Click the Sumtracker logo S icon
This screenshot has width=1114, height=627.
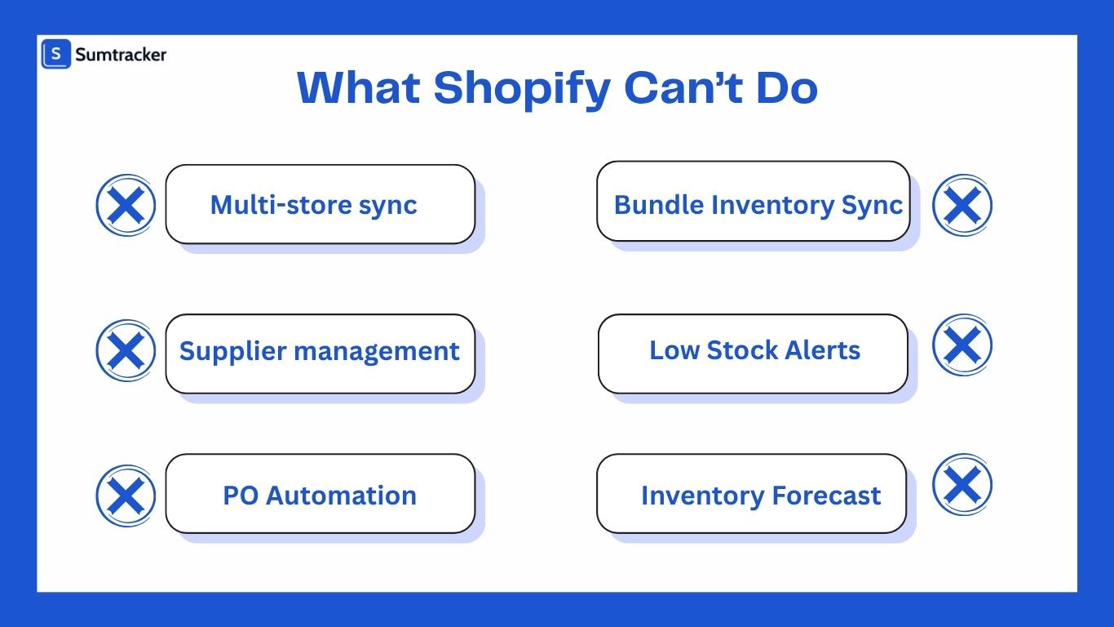click(x=56, y=55)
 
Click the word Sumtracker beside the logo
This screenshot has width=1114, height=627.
click(x=121, y=55)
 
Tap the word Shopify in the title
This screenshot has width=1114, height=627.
click(x=522, y=88)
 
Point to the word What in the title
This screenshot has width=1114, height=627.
click(x=359, y=87)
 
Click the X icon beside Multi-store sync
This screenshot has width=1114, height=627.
click(x=126, y=206)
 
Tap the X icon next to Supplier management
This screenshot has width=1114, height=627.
click(x=126, y=350)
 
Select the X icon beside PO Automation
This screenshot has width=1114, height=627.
click(x=126, y=496)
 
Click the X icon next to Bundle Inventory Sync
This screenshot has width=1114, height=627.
click(x=962, y=205)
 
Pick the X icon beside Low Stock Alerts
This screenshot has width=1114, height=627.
click(x=962, y=345)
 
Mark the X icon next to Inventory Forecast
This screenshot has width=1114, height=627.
click(x=962, y=485)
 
